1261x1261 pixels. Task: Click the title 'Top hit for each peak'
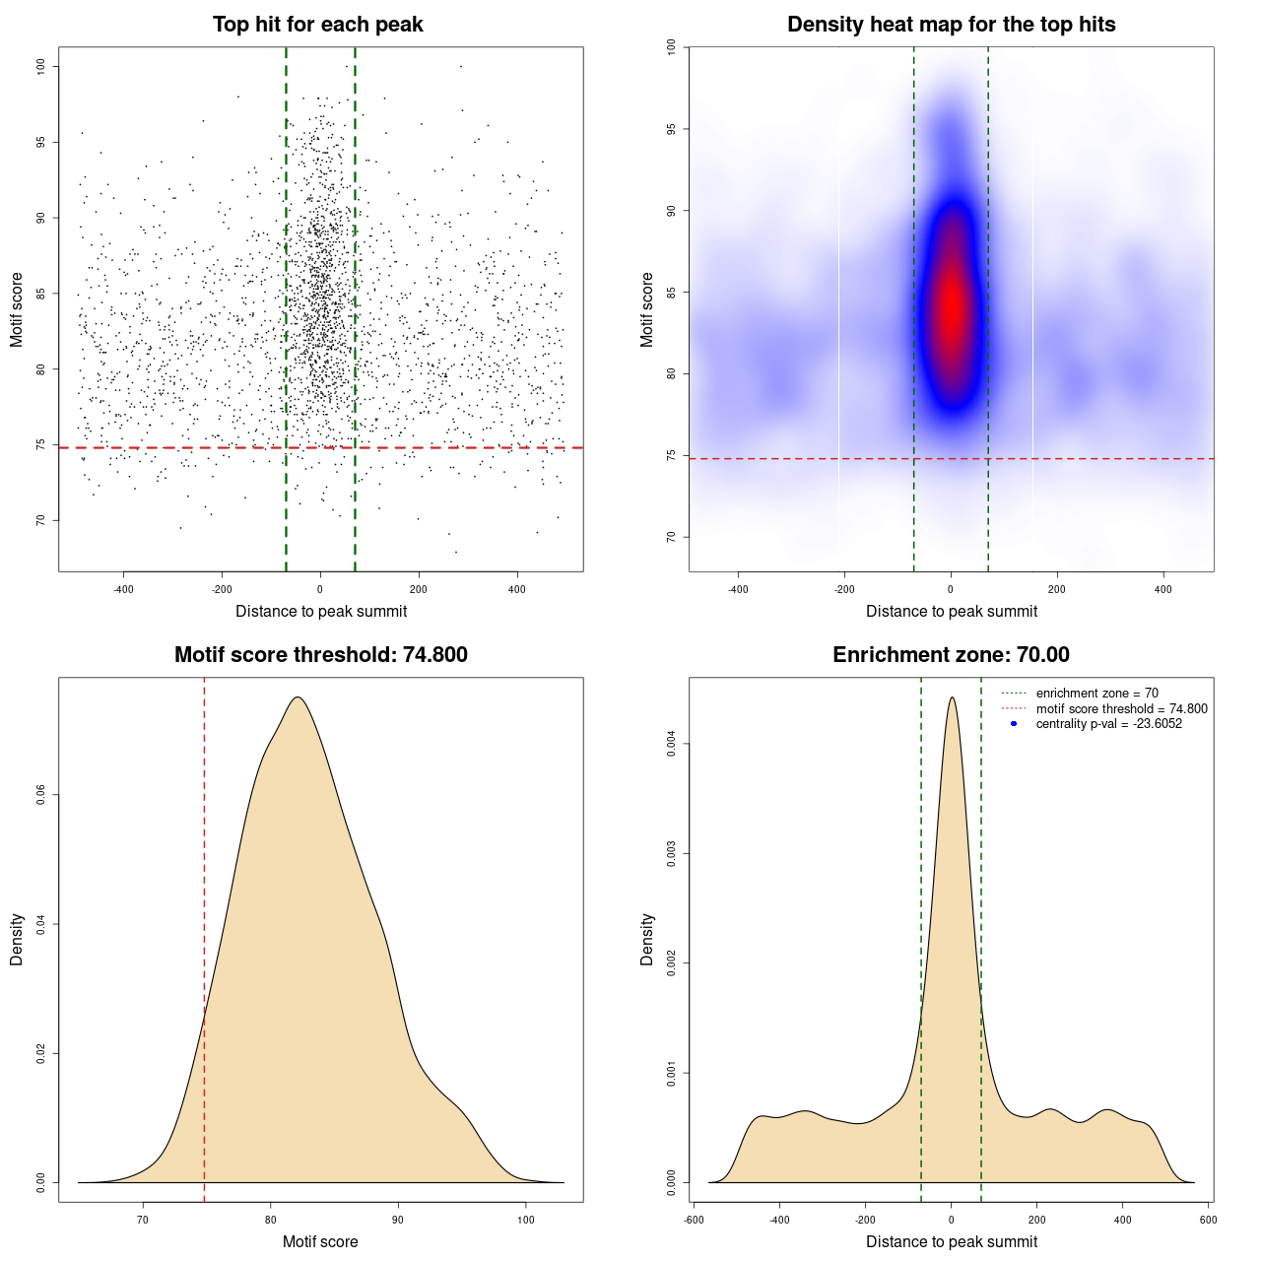click(317, 25)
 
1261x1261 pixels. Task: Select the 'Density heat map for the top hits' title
click(951, 25)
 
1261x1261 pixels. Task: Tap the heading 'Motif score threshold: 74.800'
click(320, 655)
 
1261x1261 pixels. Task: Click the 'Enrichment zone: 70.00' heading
click(951, 655)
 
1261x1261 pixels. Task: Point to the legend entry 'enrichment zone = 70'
click(1096, 694)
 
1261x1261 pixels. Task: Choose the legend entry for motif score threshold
click(1121, 708)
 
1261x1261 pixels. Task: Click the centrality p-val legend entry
click(1108, 724)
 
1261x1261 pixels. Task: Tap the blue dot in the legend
click(1014, 724)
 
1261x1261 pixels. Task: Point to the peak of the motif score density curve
click(297, 697)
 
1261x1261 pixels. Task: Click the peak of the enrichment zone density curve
click(951, 697)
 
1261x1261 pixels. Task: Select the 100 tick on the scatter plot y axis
click(41, 66)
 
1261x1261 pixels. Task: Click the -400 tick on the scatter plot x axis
click(123, 589)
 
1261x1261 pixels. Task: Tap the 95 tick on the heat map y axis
click(672, 129)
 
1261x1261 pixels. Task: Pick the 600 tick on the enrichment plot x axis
click(1208, 1220)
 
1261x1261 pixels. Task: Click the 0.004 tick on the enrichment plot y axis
click(672, 744)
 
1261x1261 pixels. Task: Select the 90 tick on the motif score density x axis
click(398, 1220)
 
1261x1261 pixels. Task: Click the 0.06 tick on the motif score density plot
click(41, 795)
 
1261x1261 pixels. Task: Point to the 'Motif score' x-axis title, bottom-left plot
click(320, 1241)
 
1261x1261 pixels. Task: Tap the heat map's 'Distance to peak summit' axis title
click(951, 611)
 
